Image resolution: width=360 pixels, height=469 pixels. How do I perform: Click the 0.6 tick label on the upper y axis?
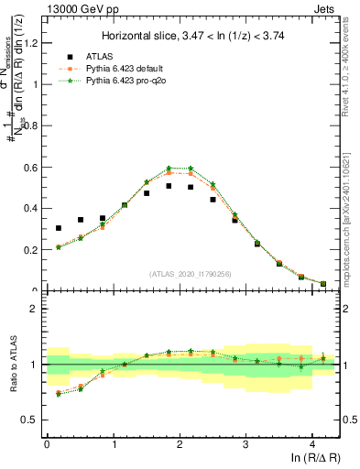[x=34, y=167]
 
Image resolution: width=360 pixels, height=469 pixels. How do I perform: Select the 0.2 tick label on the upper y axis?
[x=34, y=249]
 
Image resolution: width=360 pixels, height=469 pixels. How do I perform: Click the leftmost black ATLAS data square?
[x=59, y=228]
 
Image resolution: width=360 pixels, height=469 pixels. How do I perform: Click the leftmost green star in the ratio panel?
[x=59, y=394]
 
